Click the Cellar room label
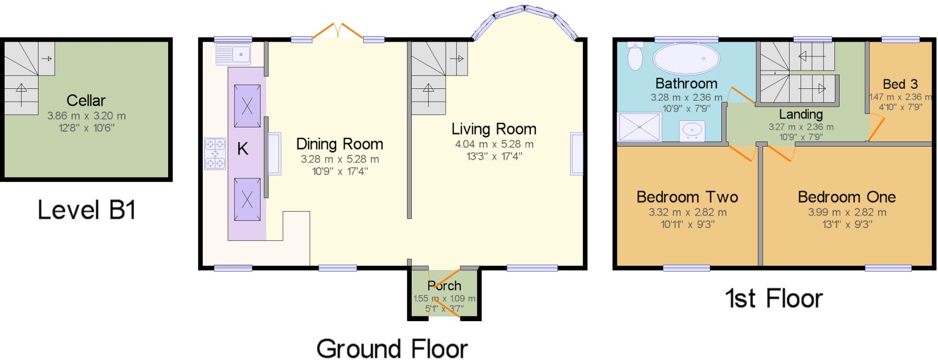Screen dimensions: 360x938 (86, 100)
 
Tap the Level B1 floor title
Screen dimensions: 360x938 (87, 211)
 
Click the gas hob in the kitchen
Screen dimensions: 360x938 (215, 154)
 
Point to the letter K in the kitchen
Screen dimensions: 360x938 (242, 148)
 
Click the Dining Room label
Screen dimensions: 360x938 (339, 144)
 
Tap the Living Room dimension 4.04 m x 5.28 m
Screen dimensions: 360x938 (494, 144)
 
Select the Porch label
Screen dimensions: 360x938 (444, 286)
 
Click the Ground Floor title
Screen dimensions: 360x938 (392, 349)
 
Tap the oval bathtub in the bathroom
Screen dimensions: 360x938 (686, 59)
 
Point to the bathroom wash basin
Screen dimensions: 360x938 (692, 131)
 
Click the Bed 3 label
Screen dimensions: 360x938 (900, 84)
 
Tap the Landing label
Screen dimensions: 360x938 (801, 114)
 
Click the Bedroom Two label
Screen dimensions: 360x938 (687, 197)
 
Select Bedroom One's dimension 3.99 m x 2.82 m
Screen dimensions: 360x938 (847, 213)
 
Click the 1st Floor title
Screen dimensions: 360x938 (774, 299)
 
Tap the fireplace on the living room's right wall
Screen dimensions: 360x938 (577, 153)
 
